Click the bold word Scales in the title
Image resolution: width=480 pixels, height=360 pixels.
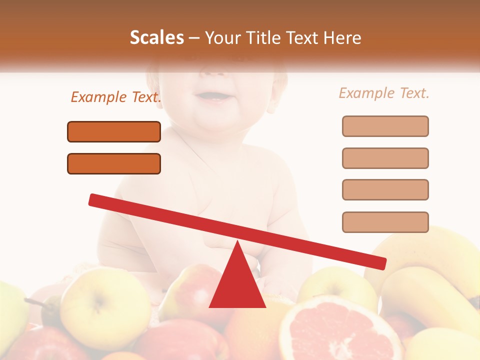click(156, 37)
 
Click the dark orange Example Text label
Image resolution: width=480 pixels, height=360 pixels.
click(116, 97)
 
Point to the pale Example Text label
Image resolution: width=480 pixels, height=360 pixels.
click(384, 93)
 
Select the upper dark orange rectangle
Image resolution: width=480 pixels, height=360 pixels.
click(114, 131)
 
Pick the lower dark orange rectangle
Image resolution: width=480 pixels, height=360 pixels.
click(114, 163)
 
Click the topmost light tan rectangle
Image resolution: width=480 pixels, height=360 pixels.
click(385, 126)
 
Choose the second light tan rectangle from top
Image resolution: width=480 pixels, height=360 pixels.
click(385, 158)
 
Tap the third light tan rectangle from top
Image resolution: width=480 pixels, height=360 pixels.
click(385, 189)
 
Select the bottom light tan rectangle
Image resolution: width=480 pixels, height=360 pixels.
click(385, 222)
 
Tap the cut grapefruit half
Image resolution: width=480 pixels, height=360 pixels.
click(340, 330)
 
